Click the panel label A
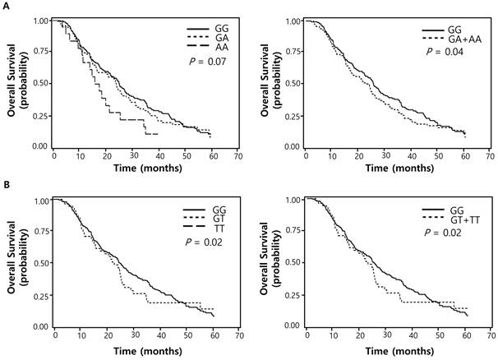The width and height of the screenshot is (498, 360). click(7, 7)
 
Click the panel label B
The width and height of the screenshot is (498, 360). click(7, 187)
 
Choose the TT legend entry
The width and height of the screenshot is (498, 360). click(210, 224)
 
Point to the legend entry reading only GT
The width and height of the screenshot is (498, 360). click(210, 215)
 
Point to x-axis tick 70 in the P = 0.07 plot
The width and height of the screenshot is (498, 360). click(237, 155)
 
